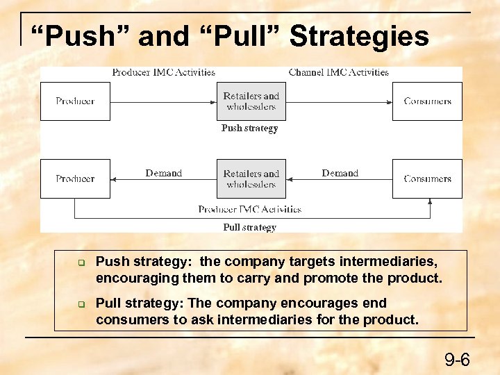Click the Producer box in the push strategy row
(x=75, y=101)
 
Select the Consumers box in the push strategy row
(x=427, y=101)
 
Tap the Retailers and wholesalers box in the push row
(x=251, y=101)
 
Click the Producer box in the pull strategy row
(x=75, y=178)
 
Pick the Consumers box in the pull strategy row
(x=427, y=178)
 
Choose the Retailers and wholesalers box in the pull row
(x=251, y=178)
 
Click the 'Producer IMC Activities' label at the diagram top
(x=163, y=72)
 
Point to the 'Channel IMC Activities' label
(x=338, y=72)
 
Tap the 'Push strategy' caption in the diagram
(x=249, y=128)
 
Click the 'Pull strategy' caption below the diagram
(x=249, y=227)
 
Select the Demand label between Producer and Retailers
(x=163, y=173)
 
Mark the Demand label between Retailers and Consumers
(x=340, y=173)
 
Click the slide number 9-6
(x=457, y=360)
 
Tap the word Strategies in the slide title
(x=359, y=37)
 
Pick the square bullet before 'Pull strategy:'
(x=81, y=305)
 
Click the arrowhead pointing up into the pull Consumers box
(x=430, y=202)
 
